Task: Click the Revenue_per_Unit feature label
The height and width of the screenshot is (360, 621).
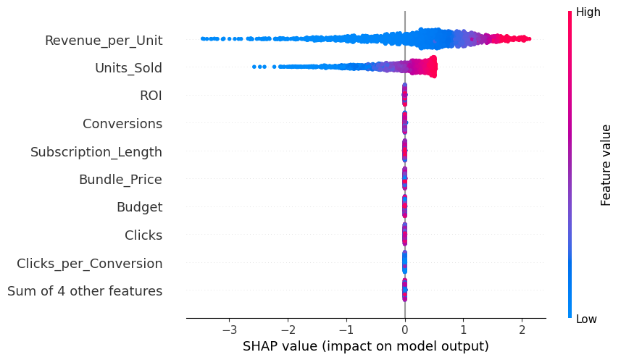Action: click(104, 41)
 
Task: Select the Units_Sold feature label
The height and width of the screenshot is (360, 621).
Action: click(128, 68)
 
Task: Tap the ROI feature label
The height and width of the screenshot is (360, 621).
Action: click(151, 96)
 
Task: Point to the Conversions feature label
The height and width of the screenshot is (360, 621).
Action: click(122, 124)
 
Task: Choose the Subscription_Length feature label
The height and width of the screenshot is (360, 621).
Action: click(96, 152)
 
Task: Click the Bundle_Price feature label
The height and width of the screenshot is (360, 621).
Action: click(120, 180)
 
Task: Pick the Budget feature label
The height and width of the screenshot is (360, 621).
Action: click(139, 207)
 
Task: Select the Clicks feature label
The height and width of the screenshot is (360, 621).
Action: click(143, 235)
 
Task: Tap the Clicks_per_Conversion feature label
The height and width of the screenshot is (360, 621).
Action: click(90, 263)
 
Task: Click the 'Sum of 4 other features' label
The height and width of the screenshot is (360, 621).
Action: click(85, 291)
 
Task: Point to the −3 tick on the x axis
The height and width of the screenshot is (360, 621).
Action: click(229, 330)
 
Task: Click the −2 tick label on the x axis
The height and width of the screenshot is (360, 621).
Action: click(288, 330)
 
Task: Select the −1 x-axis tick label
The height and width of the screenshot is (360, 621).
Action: click(346, 330)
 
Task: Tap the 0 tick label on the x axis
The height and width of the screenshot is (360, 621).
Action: click(405, 330)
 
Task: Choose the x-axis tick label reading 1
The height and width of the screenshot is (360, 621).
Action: click(464, 330)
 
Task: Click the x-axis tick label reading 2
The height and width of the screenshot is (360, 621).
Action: click(522, 330)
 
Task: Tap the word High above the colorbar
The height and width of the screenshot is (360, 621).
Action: click(588, 12)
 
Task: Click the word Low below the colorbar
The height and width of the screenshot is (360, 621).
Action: click(586, 319)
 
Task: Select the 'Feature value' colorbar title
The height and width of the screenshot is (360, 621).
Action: click(607, 165)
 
